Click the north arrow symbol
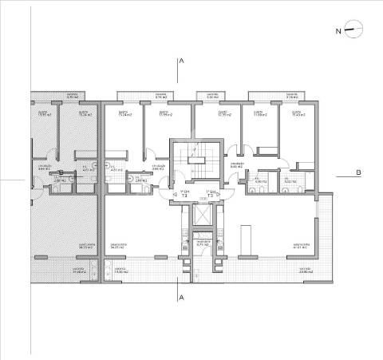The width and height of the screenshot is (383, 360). [355, 30]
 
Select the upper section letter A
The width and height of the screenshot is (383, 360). [182, 61]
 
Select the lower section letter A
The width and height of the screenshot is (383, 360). [182, 297]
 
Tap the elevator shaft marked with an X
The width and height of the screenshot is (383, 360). [203, 217]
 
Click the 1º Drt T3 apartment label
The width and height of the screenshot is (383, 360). [185, 193]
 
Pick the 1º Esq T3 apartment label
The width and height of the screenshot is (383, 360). [211, 193]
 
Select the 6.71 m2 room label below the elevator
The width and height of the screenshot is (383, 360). [203, 242]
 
